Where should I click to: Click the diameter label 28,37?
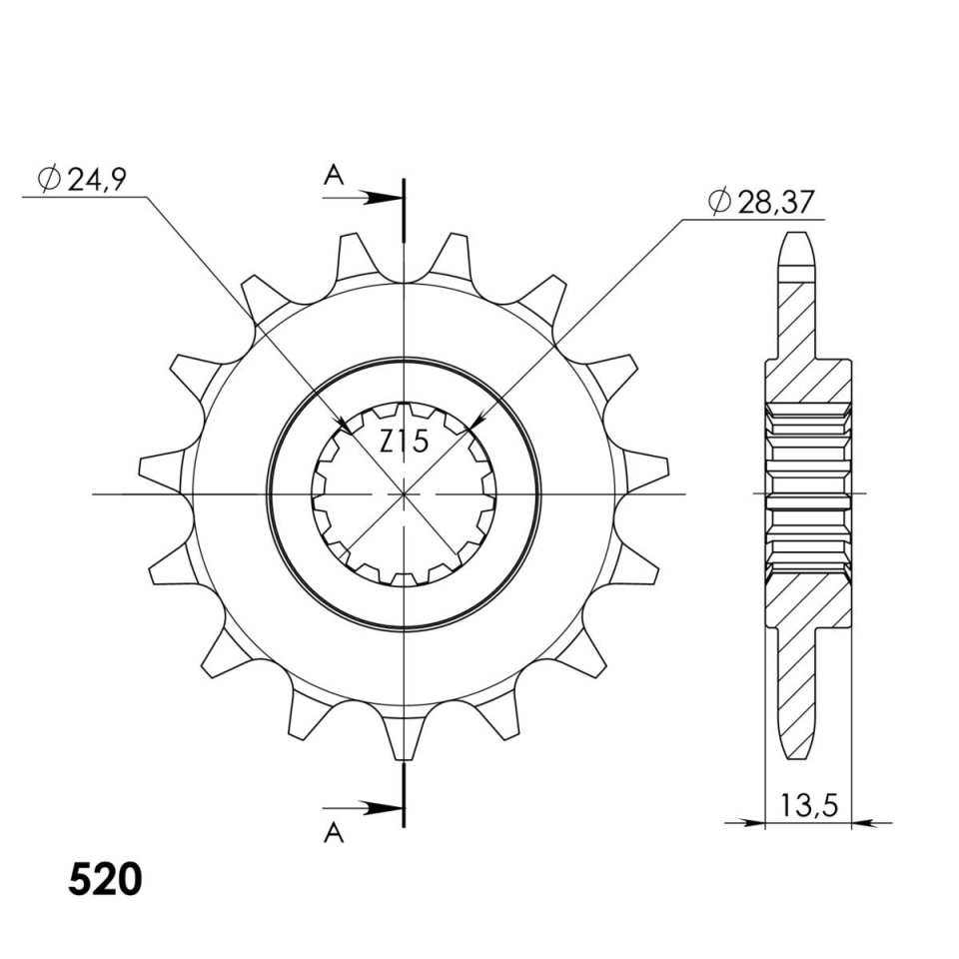pos(776,202)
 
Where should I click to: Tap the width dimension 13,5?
pos(808,807)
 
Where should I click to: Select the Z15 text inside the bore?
pos(405,442)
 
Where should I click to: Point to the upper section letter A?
pos(334,176)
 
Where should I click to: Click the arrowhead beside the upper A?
pos(384,198)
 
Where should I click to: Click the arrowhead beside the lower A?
pos(384,807)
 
